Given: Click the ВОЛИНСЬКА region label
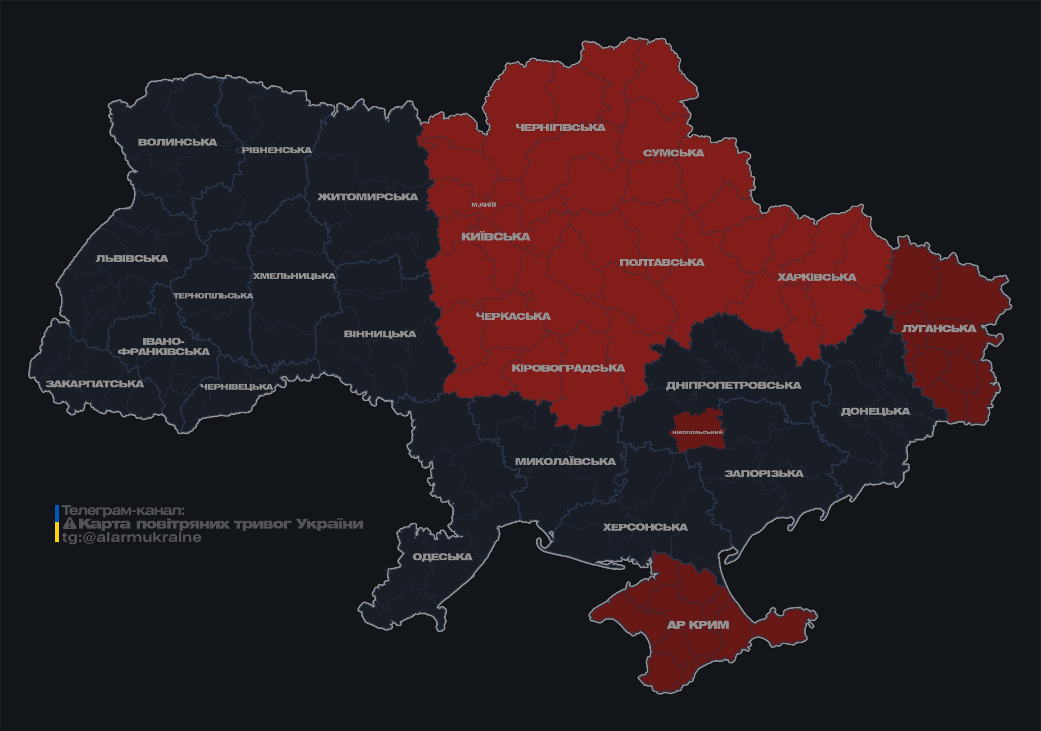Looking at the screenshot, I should pyautogui.click(x=177, y=142).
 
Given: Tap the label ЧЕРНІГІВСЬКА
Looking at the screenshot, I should pyautogui.click(x=560, y=127).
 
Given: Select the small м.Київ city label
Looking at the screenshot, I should pyautogui.click(x=483, y=205).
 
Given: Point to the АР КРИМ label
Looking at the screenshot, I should pyautogui.click(x=698, y=625).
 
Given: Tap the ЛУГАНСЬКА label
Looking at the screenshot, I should pyautogui.click(x=939, y=328).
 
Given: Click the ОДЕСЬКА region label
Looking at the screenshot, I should pyautogui.click(x=442, y=557).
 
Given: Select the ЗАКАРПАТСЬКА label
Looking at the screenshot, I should pyautogui.click(x=95, y=384).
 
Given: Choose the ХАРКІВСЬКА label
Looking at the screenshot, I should pyautogui.click(x=817, y=277).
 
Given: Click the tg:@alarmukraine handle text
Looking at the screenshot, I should pyautogui.click(x=132, y=538).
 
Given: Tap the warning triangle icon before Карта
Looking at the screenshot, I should pyautogui.click(x=69, y=524).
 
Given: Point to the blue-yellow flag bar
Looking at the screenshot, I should pyautogui.click(x=57, y=524).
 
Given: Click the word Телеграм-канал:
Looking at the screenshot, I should pyautogui.click(x=123, y=511).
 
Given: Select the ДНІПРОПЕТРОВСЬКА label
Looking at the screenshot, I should pyautogui.click(x=733, y=385).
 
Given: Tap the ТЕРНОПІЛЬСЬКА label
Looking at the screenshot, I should pyautogui.click(x=213, y=295).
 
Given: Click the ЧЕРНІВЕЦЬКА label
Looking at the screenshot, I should pyautogui.click(x=237, y=387).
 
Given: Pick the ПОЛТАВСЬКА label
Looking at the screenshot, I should pyautogui.click(x=661, y=262).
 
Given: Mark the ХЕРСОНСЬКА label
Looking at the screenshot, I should pyautogui.click(x=645, y=527).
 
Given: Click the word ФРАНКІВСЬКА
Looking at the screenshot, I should pyautogui.click(x=164, y=351).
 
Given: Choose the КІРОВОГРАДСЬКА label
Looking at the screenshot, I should pyautogui.click(x=568, y=368).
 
